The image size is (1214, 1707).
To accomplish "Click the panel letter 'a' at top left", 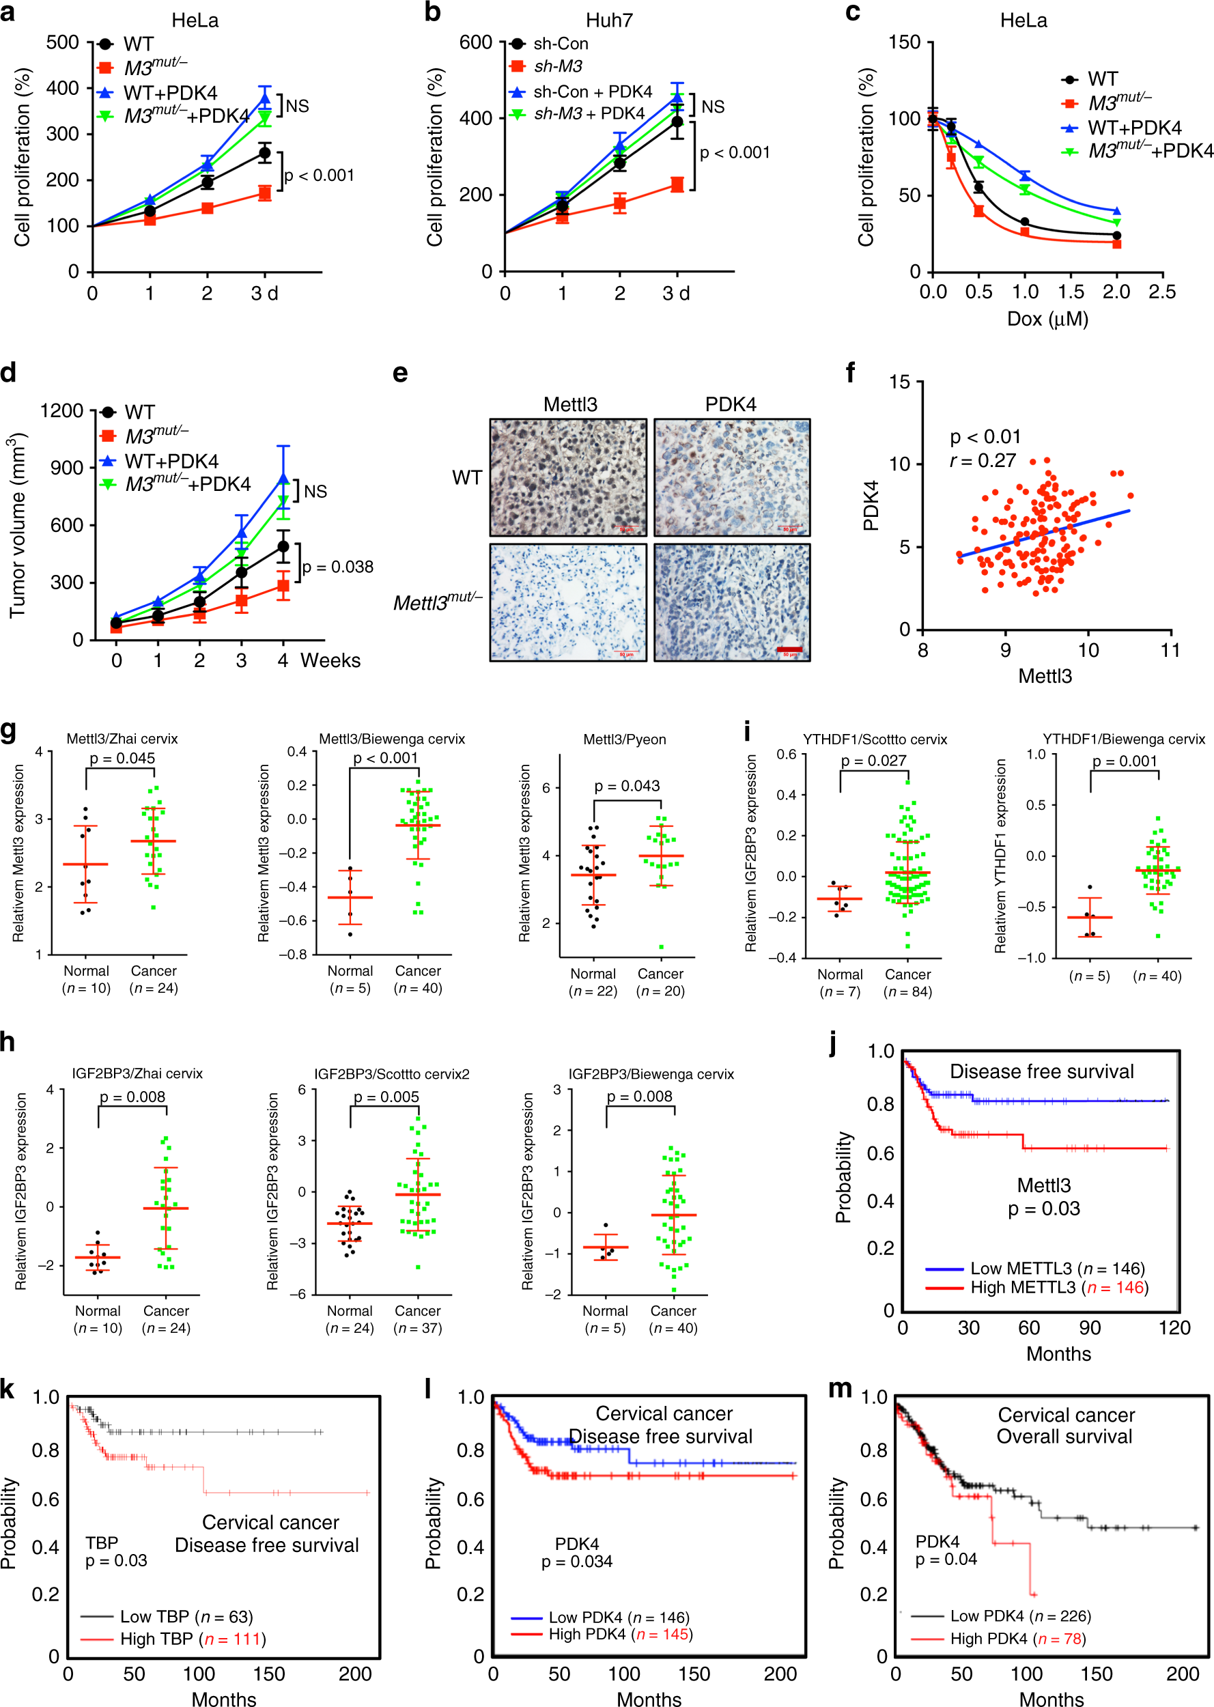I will tap(8, 13).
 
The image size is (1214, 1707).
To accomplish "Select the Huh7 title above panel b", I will tap(608, 20).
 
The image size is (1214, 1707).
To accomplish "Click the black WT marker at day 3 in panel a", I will tap(264, 153).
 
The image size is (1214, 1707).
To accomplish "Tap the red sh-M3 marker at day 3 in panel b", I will tap(677, 184).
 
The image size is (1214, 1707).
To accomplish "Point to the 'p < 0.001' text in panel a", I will tap(319, 175).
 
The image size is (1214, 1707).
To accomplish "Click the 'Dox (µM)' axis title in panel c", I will tap(1047, 319).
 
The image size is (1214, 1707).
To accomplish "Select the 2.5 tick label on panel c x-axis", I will tap(1161, 292).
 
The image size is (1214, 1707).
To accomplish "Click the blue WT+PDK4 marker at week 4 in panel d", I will tap(283, 479).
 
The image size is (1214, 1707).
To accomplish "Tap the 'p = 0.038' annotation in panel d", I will tap(338, 567).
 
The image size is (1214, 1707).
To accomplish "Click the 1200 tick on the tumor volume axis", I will tap(61, 411).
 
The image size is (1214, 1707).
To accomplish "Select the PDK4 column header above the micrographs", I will tap(731, 404).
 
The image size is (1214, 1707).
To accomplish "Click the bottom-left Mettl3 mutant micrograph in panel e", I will tap(568, 602).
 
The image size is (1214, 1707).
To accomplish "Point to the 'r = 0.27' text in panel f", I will tap(983, 460).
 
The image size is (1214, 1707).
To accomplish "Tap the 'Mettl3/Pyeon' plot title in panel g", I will tap(624, 739).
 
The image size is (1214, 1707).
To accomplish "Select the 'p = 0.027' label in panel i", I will tap(873, 760).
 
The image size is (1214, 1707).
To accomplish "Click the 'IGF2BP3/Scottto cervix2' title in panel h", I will tap(392, 1074).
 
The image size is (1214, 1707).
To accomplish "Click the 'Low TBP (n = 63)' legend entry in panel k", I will tap(186, 1617).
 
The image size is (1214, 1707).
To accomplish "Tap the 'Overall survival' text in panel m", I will tap(1064, 1437).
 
